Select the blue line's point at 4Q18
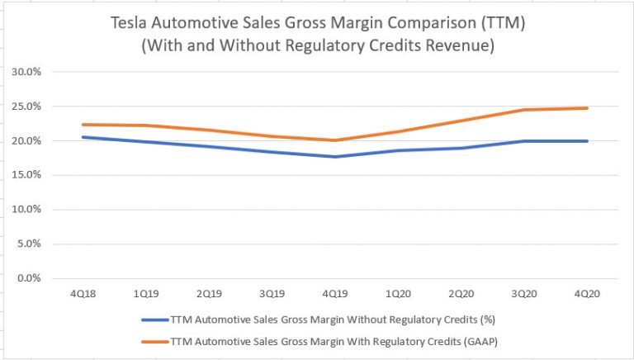(82, 137)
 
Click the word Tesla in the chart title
(134, 25)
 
